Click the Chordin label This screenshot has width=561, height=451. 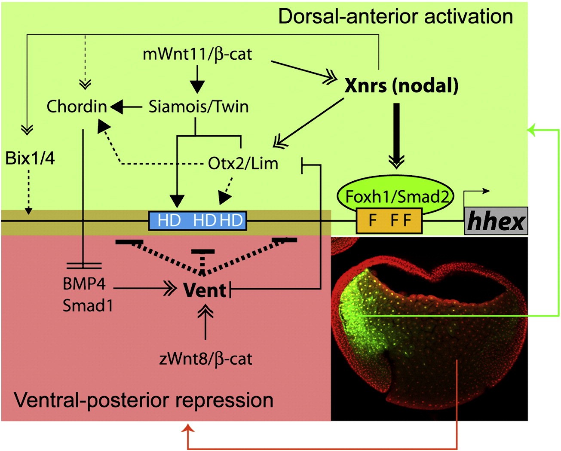77,107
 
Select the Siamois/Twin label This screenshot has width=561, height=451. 199,107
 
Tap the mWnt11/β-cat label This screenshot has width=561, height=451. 197,55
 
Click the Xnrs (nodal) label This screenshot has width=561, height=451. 402,85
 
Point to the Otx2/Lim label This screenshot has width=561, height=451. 243,163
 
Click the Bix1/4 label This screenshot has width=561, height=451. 30,158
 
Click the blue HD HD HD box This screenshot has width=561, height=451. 198,220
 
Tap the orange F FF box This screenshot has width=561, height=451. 389,220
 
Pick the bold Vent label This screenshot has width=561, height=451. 205,290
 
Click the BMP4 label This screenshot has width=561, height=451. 84,284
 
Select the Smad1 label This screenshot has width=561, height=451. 88,306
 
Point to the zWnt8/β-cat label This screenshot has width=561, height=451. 205,359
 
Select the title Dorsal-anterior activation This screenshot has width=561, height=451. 395,16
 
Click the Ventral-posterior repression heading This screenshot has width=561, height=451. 144,400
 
